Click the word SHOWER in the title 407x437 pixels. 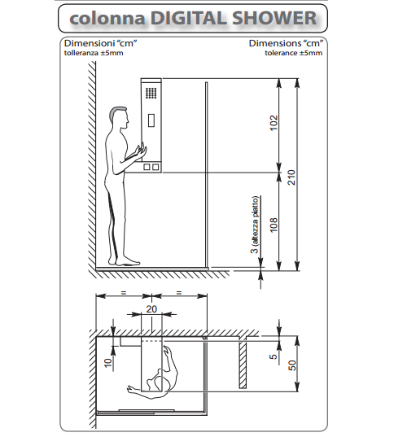click(274, 18)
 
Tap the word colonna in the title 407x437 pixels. click(107, 19)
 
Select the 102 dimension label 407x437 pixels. click(274, 123)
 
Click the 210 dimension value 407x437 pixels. click(291, 177)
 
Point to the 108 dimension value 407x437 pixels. click(274, 225)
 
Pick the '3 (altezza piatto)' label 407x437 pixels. click(255, 225)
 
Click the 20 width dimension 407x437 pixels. click(151, 309)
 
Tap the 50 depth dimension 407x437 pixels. click(292, 365)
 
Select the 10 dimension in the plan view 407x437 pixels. click(107, 363)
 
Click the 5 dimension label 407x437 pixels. click(274, 356)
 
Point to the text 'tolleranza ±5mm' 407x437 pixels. click(94, 53)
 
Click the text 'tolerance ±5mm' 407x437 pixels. click(294, 53)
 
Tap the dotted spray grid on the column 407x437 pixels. click(151, 93)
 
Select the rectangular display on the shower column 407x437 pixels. click(151, 120)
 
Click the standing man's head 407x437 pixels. click(119, 117)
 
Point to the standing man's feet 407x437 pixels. click(125, 262)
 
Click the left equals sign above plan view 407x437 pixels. click(124, 293)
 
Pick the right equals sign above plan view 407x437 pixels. click(179, 293)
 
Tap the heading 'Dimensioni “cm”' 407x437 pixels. click(100, 43)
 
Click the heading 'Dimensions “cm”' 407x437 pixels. click(286, 43)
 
